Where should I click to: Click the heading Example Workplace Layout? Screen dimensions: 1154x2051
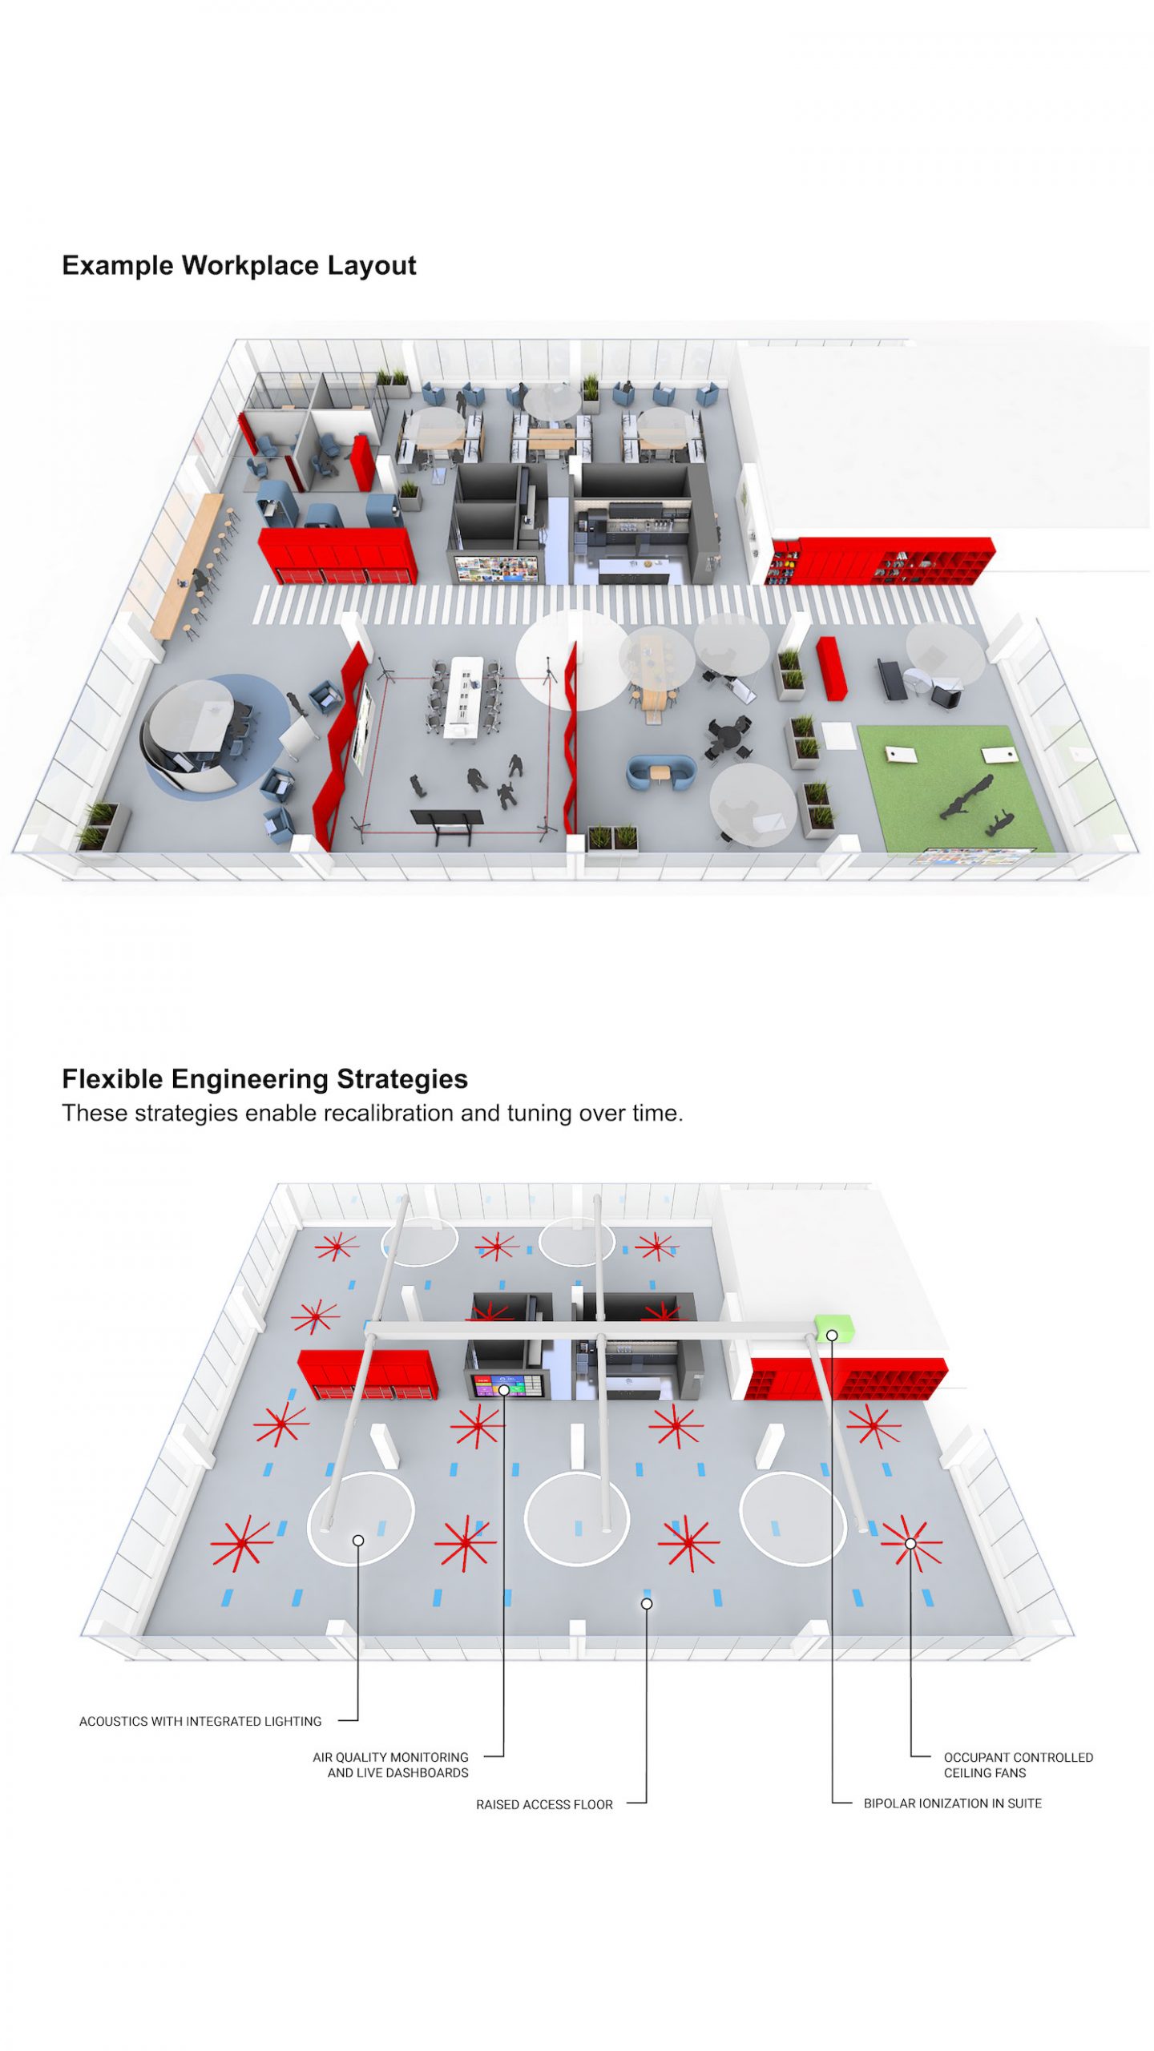239,265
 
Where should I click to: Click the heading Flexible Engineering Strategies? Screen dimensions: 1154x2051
264,1078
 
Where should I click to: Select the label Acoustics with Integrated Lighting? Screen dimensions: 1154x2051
200,1721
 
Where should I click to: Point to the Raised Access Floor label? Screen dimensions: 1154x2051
544,1804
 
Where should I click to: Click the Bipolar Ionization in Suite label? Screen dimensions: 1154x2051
952,1803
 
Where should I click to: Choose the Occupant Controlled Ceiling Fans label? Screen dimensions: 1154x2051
1018,1764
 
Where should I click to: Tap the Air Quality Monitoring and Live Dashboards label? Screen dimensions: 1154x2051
390,1764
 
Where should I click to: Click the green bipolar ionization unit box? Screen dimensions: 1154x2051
834,1328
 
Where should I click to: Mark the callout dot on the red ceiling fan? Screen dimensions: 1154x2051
910,1543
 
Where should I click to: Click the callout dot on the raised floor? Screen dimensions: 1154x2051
647,1603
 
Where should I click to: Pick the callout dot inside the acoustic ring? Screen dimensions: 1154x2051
358,1540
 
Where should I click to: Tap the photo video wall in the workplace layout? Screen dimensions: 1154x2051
496,567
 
